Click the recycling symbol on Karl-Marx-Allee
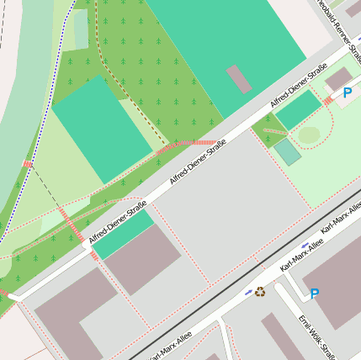260,292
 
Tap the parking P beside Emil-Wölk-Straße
315,294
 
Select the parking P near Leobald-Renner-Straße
347,93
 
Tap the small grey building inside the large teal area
239,79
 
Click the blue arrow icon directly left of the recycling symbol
247,294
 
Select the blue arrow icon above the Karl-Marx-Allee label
305,245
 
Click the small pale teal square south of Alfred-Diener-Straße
287,151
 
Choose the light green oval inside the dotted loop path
309,135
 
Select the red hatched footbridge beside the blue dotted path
28,164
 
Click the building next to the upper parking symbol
338,78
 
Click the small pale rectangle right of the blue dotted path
81,29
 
